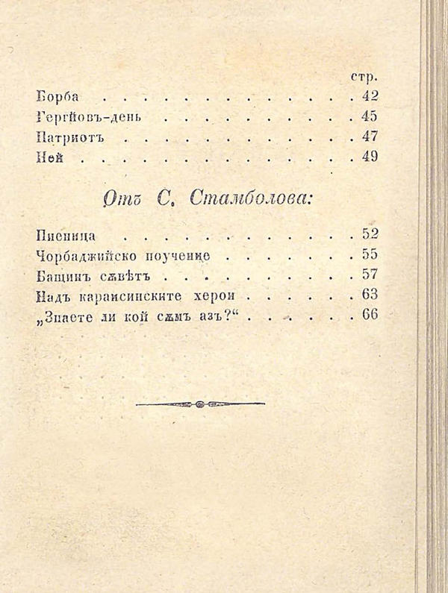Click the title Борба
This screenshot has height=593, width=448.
tap(57, 96)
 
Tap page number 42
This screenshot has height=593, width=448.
tap(369, 95)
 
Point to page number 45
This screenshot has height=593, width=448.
tap(369, 116)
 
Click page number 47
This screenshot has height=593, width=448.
tap(369, 137)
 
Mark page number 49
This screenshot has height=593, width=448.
tap(369, 157)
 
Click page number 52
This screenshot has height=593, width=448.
tap(369, 235)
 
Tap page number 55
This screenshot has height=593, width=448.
tap(369, 254)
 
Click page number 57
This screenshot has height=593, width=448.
tap(369, 274)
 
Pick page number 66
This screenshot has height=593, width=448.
tap(369, 314)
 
